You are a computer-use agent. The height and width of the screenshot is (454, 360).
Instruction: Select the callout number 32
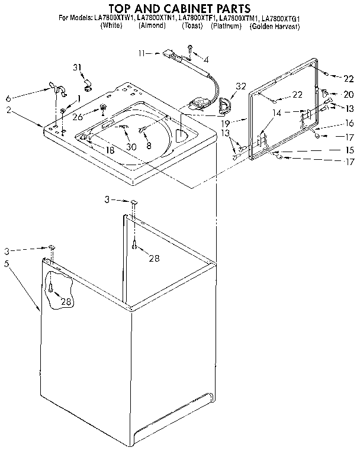coord(240,86)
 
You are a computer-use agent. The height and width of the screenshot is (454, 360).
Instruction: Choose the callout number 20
coord(348,94)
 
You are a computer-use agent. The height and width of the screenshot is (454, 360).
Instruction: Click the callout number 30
coord(131,147)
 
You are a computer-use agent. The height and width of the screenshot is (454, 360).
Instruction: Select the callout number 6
coord(8,98)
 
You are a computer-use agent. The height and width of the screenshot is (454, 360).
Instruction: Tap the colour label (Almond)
coord(152,27)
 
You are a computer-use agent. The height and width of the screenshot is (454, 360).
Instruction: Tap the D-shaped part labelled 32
coord(225,107)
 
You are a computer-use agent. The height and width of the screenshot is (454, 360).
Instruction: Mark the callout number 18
coord(110,150)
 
